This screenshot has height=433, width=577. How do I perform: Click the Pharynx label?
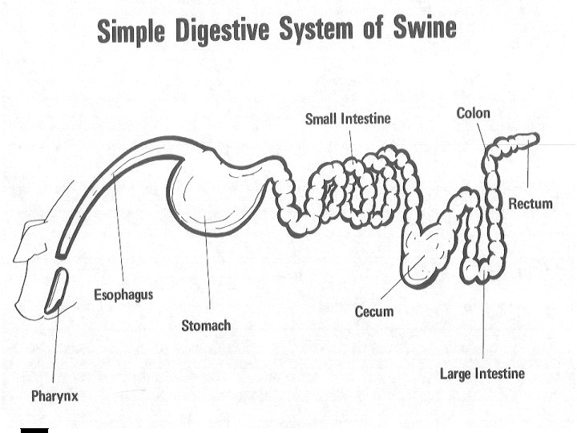(54, 395)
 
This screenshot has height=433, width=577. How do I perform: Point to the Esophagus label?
(123, 295)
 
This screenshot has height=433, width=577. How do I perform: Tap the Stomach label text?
(206, 325)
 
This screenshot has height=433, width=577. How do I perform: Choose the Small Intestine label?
(348, 119)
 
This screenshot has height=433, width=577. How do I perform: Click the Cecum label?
(374, 311)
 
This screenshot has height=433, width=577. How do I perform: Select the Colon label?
(473, 113)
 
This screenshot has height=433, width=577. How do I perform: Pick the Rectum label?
(531, 204)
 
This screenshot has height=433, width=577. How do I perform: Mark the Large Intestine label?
(482, 373)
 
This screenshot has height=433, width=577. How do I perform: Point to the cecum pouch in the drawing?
(426, 253)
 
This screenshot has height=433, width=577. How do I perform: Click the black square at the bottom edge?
(34, 431)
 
